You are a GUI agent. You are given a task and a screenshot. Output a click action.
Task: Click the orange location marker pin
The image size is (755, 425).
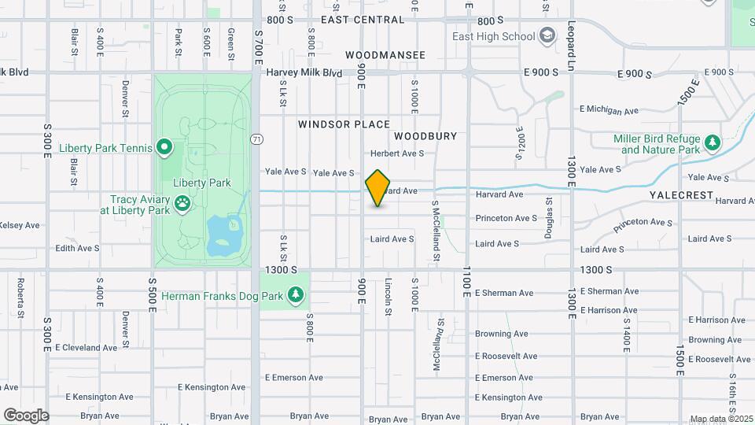[378, 188]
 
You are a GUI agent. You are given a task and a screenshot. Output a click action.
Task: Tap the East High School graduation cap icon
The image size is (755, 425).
[547, 36]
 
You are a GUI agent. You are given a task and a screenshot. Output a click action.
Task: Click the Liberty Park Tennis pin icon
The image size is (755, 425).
[164, 147]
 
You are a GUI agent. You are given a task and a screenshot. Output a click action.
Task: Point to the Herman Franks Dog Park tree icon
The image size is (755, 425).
[296, 296]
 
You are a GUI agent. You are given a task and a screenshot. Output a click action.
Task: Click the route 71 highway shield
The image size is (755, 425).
[256, 139]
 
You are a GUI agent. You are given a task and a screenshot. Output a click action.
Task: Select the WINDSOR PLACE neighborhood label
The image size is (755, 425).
[344, 124]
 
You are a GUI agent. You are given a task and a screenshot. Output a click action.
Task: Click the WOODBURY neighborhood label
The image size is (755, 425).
[425, 136]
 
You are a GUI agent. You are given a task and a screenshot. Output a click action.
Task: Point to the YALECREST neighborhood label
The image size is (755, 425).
[681, 194]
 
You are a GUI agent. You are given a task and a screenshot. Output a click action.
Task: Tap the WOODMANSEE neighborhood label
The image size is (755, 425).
[385, 55]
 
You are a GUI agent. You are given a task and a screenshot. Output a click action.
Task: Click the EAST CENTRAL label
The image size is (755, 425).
[363, 20]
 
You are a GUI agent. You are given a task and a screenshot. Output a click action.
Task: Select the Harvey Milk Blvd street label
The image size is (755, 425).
[304, 72]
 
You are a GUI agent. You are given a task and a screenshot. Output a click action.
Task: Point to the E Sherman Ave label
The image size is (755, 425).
[503, 293]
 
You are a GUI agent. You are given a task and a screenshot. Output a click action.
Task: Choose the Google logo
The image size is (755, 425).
[26, 415]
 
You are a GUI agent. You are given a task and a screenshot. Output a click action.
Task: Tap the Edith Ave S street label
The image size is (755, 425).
[77, 248]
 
